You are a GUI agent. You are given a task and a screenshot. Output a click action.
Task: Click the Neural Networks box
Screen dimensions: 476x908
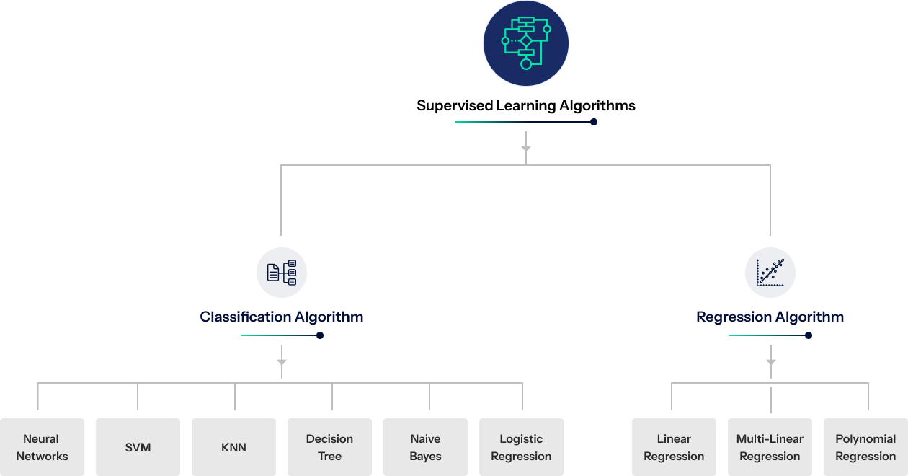pos(42,447)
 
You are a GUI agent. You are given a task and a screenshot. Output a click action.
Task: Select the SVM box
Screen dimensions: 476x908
pos(138,447)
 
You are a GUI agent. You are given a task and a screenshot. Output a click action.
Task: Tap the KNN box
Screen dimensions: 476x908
pos(233,447)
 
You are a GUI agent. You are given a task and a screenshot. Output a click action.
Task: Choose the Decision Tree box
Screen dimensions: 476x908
pos(329,447)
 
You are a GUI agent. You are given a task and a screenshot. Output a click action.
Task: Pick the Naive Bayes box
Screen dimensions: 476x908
pos(425,447)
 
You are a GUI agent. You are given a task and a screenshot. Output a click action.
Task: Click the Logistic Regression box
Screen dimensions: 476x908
pos(521,447)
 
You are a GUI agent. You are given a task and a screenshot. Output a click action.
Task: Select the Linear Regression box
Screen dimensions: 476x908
pos(674,447)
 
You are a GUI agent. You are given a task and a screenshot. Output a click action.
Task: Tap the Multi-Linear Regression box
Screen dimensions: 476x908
pos(770,447)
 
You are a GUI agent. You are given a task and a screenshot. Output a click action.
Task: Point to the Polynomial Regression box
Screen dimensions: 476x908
pos(865,447)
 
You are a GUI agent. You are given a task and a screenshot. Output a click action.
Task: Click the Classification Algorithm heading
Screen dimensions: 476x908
pos(281,317)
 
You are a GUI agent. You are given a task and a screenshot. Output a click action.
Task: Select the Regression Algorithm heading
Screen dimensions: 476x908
pos(770,317)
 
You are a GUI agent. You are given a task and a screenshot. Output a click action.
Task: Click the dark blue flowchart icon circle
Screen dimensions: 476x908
pos(526,43)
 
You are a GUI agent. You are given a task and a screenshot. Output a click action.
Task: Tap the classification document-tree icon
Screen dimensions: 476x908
pos(282,273)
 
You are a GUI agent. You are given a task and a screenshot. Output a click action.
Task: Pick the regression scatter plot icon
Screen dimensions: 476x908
pos(770,273)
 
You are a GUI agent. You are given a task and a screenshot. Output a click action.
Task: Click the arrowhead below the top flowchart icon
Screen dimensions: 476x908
pos(526,149)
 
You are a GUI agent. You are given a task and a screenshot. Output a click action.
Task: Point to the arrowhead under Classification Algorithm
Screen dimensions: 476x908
pos(282,362)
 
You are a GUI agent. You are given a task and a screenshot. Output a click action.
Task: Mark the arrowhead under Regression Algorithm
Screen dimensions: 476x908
pos(771,362)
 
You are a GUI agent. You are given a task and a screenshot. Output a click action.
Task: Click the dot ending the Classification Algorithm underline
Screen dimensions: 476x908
pos(320,335)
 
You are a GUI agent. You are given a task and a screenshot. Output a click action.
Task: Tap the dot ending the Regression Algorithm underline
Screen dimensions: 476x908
pos(809,335)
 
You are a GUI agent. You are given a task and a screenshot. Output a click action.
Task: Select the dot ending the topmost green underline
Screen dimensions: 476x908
pos(594,122)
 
